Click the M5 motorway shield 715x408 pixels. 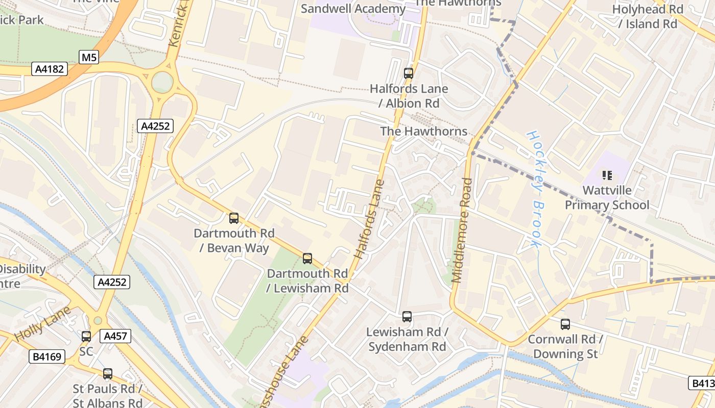[89, 57]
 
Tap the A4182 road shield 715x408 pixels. [50, 69]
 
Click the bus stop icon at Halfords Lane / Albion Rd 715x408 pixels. [409, 73]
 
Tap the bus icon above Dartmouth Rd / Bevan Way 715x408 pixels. [234, 218]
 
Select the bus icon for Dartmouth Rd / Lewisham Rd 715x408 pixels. [307, 259]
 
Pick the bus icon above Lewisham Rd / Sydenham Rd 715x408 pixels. [407, 317]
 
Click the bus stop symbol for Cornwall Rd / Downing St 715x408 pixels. [565, 324]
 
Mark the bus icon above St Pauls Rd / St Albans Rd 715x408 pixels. [108, 374]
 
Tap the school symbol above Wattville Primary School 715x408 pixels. [607, 175]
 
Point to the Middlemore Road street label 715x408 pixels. [462, 230]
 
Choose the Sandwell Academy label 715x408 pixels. [353, 9]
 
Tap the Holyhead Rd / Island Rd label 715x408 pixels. [648, 16]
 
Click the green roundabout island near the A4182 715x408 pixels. [162, 82]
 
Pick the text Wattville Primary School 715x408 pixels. [607, 198]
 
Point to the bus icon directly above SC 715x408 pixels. [86, 337]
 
